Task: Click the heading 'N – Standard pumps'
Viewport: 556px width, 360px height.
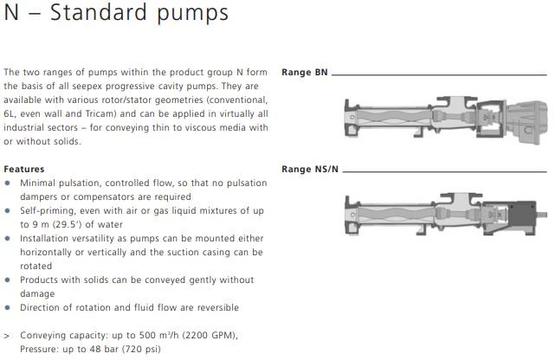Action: tap(116, 13)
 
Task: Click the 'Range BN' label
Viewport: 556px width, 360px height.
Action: tap(305, 73)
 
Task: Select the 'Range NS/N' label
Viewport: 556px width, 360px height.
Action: tap(310, 169)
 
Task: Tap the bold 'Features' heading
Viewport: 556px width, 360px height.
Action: tap(24, 169)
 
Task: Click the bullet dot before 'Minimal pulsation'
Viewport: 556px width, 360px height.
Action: tap(8, 183)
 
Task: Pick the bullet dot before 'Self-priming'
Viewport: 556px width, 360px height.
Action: tap(8, 210)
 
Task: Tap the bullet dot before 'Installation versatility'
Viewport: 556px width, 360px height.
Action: tap(8, 238)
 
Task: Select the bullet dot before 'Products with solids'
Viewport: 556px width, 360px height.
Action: tap(8, 280)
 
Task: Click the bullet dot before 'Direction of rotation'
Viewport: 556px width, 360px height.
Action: tap(8, 307)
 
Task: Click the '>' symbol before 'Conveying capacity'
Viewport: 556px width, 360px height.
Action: tap(6, 336)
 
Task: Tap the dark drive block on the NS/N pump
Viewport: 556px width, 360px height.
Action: tap(522, 217)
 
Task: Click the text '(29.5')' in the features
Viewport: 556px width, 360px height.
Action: tap(68, 225)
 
